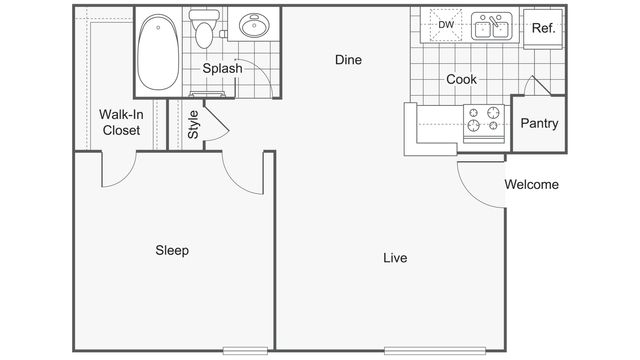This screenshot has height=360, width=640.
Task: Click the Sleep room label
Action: click(x=172, y=250)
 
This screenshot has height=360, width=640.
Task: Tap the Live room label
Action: click(x=395, y=258)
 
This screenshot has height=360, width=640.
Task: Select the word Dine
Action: click(x=347, y=60)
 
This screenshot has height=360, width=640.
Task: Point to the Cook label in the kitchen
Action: click(x=461, y=79)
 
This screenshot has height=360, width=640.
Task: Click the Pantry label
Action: click(x=539, y=124)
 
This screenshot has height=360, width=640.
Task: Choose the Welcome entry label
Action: click(x=531, y=184)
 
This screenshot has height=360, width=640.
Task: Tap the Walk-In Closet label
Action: click(x=121, y=121)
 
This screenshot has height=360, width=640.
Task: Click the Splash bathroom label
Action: click(x=222, y=69)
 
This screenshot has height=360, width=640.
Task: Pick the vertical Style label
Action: click(x=193, y=125)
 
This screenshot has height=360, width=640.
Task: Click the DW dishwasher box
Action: click(x=446, y=25)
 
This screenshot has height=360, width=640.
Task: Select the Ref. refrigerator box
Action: click(x=543, y=28)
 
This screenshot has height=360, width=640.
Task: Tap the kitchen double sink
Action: click(x=490, y=25)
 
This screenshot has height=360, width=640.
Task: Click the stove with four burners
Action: click(x=484, y=120)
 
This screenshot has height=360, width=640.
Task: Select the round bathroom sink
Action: click(x=252, y=27)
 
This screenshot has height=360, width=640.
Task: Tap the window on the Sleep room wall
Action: click(x=245, y=350)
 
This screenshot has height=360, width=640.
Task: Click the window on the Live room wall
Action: click(x=435, y=350)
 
